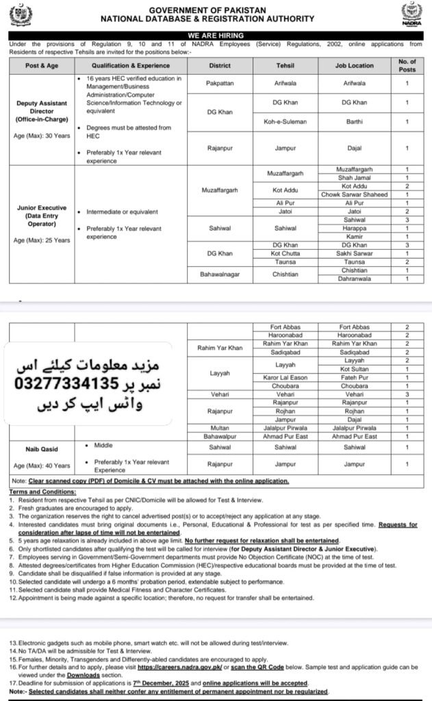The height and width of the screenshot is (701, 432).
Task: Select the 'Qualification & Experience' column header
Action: [x=128, y=66]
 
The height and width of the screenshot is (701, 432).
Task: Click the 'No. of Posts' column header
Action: [x=407, y=66]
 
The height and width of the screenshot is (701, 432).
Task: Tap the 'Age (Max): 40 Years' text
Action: [x=39, y=465]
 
